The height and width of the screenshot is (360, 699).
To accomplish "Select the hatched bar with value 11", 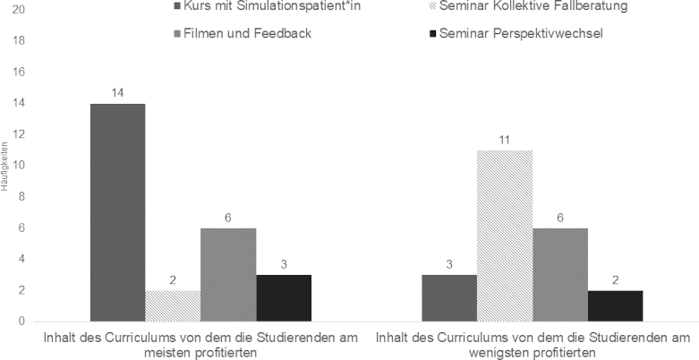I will (505, 236).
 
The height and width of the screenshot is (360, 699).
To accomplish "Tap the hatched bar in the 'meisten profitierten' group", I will (173, 305).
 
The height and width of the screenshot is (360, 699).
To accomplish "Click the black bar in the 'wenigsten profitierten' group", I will (616, 305).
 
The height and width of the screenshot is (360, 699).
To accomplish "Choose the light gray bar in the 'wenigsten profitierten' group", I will (560, 274).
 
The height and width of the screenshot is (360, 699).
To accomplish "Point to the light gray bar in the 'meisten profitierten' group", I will (228, 274).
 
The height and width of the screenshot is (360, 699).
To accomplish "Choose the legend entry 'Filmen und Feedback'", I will (227, 35).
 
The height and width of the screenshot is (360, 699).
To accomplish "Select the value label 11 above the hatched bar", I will (505, 141).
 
